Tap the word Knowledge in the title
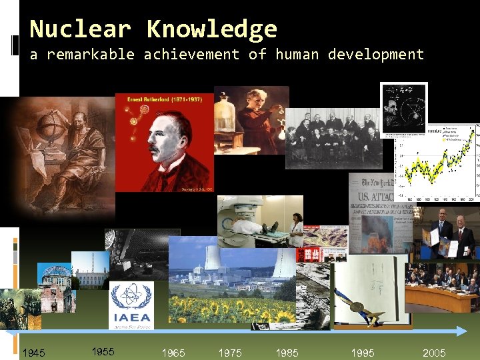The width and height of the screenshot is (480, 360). coord(211,29)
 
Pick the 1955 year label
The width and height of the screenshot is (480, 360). coord(103,351)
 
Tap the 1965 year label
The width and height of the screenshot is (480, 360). coord(173,353)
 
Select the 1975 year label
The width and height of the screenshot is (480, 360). coord(230,353)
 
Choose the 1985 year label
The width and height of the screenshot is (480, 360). coord(287,353)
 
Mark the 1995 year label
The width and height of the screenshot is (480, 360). coord(363,353)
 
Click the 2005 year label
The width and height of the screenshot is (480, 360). coord(434,353)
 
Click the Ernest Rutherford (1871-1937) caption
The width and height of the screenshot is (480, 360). coord(164,99)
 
